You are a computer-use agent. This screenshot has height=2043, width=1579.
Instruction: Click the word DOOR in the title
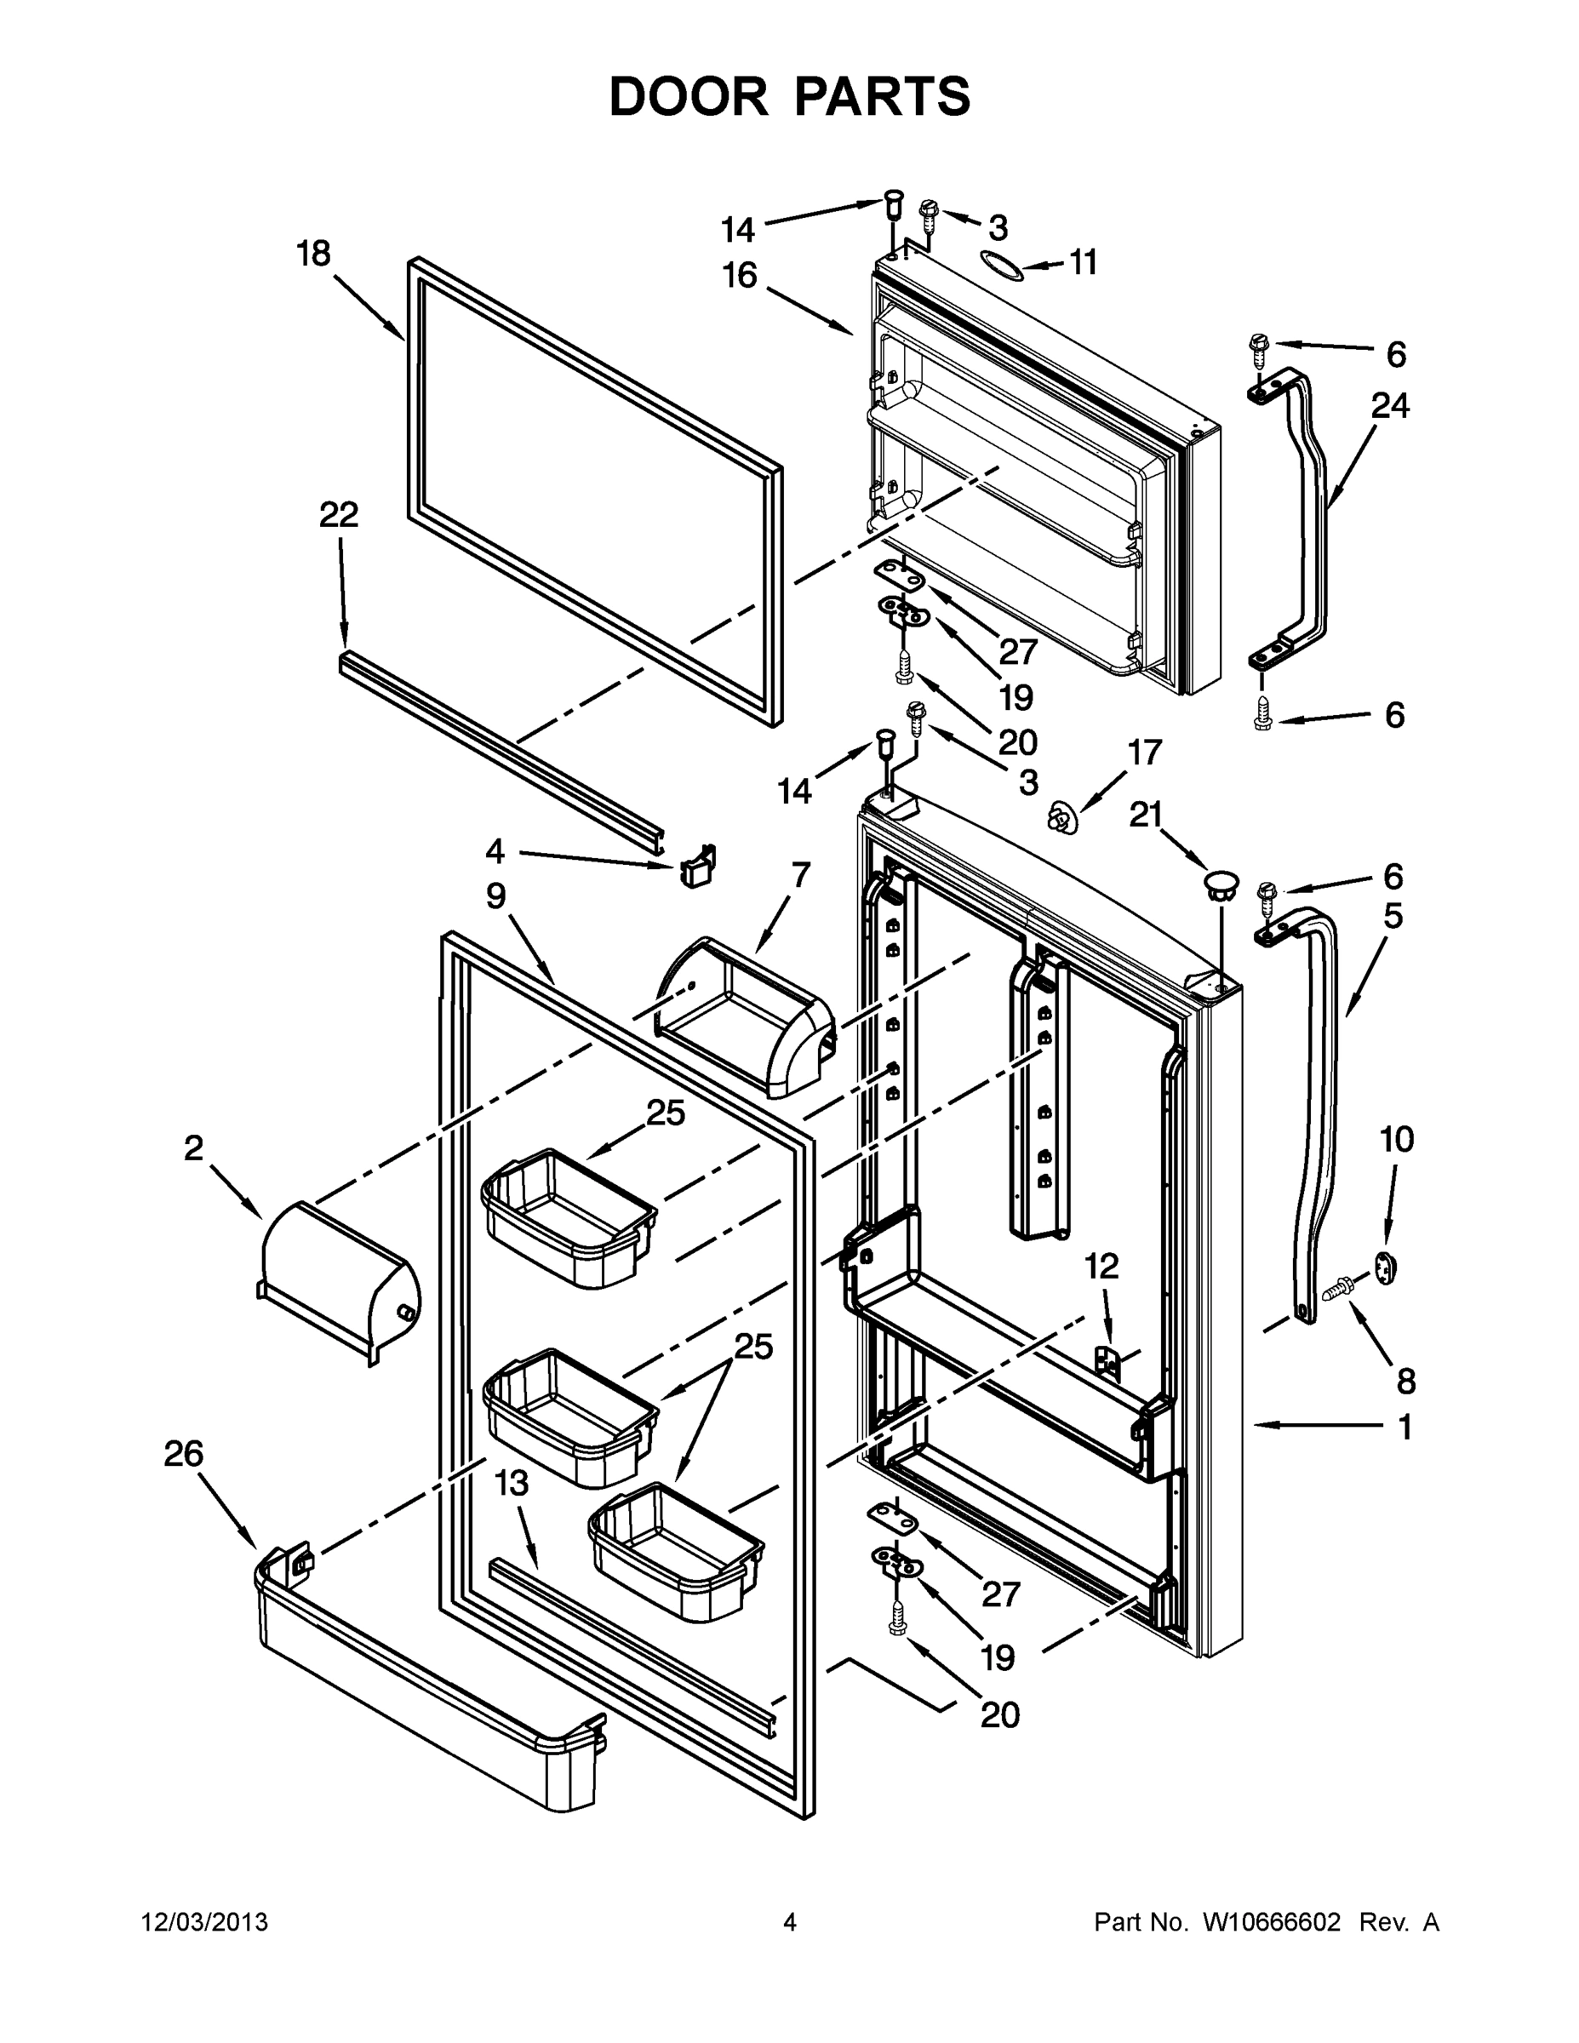688,96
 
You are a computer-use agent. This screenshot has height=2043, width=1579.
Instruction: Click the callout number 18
313,254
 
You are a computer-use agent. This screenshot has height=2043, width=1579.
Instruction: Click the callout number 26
183,1453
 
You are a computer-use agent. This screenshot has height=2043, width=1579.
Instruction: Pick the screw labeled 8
1340,1289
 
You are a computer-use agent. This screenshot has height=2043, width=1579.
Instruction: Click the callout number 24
1390,405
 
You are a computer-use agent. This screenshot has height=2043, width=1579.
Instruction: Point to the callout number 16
739,276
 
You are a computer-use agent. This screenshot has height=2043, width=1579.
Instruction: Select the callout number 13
512,1483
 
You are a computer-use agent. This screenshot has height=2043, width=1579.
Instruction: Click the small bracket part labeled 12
1107,1361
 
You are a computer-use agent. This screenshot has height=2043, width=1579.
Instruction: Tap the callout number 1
1403,1428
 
